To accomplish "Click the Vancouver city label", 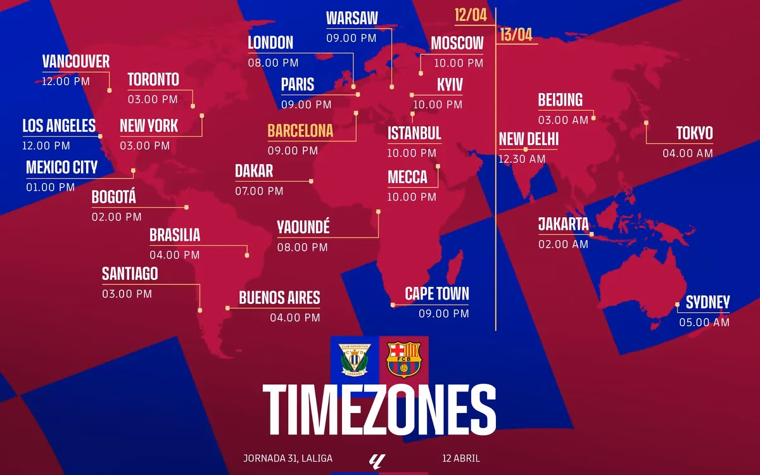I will coord(76,61).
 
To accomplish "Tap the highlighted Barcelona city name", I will coord(300,131).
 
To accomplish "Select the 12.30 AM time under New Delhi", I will coord(522,159).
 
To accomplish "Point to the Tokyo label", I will coord(694,133).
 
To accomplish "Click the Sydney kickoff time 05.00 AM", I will coord(704,322).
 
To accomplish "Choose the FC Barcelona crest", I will coord(403,360).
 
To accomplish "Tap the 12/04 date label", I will coord(471,16).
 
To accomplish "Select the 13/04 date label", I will coord(516,34).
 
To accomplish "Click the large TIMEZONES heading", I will coord(379,407).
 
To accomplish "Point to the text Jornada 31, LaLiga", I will coord(288,458).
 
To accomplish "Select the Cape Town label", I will coord(437,293).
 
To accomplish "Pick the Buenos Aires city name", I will coord(279,298).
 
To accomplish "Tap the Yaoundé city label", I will coord(303,227).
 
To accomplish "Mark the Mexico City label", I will coord(62,167).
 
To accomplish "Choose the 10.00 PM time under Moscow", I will coord(458,63).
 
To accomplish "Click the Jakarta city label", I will coord(563,224).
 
